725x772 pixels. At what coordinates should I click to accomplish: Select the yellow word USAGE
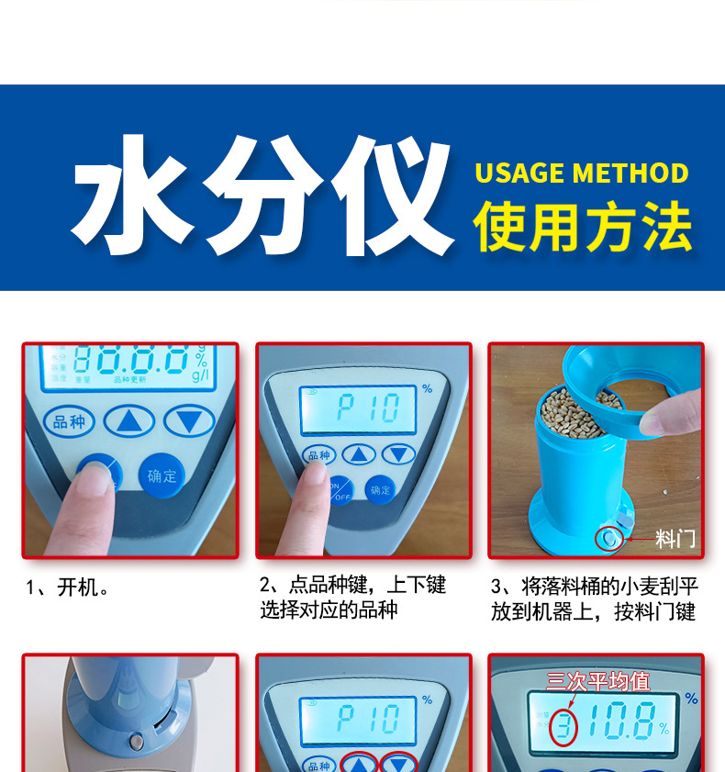[519, 173]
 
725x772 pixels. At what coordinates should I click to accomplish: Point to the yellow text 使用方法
[582, 228]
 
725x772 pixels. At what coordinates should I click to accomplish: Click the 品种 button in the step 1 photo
[70, 422]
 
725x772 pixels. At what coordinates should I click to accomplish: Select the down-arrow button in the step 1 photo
[189, 421]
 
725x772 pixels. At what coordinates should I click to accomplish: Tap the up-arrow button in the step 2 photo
[359, 453]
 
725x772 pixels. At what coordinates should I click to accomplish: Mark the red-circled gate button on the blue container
[608, 538]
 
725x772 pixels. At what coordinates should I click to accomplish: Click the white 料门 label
[675, 539]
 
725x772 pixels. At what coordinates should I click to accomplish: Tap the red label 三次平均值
[597, 681]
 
